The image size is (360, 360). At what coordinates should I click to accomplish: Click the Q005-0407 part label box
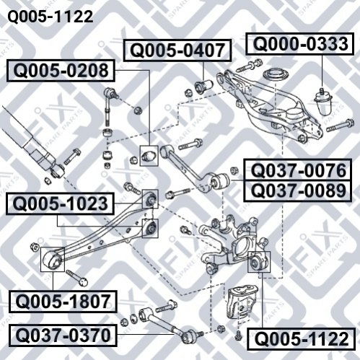click(x=177, y=51)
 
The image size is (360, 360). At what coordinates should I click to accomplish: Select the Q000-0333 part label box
click(x=300, y=44)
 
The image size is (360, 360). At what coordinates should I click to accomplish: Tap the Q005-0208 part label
click(x=61, y=71)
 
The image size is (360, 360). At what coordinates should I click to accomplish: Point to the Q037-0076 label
click(x=297, y=170)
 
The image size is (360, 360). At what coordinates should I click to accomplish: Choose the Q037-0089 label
click(x=297, y=190)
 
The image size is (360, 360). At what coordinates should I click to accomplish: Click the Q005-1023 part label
click(x=60, y=203)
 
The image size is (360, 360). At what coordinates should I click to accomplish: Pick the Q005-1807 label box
click(x=63, y=302)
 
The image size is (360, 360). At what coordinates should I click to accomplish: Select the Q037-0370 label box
click(x=63, y=335)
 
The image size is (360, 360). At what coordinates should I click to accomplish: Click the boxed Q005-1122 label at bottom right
click(x=301, y=338)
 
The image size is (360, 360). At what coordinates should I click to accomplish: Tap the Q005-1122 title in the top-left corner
click(x=51, y=17)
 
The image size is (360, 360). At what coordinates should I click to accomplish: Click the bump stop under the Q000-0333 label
click(x=323, y=102)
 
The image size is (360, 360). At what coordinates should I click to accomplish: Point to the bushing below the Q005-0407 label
click(x=204, y=87)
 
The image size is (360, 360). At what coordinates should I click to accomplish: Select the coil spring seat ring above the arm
click(x=276, y=74)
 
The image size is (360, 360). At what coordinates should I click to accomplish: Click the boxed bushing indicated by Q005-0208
click(x=149, y=156)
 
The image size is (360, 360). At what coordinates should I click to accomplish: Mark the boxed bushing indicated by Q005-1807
click(x=53, y=259)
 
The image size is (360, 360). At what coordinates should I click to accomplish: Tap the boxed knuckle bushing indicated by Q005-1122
click(x=259, y=262)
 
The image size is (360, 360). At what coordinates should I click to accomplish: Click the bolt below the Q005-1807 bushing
click(x=77, y=278)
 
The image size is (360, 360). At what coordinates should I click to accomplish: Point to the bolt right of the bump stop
click(x=341, y=126)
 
